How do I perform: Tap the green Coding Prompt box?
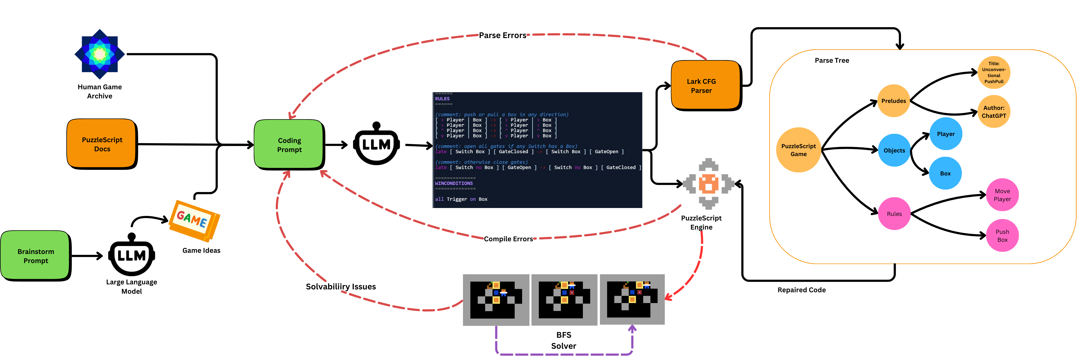click(289, 145)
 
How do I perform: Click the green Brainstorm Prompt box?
click(35, 255)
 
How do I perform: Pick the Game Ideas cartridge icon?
click(194, 220)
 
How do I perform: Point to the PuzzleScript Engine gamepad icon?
click(709, 184)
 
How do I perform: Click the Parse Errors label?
click(502, 35)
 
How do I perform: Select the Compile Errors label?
click(508, 239)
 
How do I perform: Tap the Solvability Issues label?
click(341, 287)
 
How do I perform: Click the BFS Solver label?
click(564, 340)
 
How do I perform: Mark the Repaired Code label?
click(801, 290)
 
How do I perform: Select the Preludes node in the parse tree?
click(893, 101)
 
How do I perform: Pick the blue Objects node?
click(894, 150)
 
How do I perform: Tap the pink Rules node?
click(894, 214)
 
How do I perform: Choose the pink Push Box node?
click(1002, 235)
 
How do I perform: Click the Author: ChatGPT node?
click(994, 112)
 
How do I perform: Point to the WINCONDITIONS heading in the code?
click(454, 183)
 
